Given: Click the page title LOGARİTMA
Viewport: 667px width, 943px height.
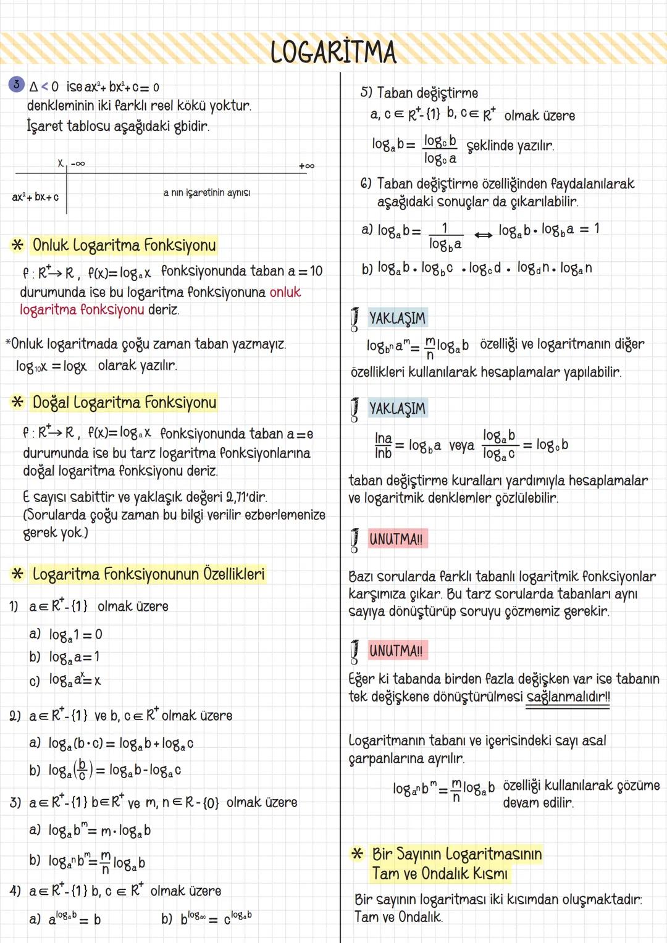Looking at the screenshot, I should [333, 52].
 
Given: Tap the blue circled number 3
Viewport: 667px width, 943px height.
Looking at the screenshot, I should [17, 85].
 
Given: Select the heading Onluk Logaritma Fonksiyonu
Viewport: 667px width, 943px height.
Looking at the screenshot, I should [124, 245].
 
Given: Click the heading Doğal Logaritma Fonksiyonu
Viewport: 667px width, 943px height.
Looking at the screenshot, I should [124, 403].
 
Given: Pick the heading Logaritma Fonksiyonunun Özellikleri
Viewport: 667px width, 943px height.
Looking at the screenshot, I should [148, 574].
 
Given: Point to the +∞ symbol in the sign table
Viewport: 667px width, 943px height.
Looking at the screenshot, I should [306, 166].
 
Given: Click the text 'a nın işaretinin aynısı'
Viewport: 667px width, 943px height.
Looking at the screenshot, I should [207, 193].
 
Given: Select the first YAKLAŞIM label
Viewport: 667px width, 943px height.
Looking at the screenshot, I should [397, 318].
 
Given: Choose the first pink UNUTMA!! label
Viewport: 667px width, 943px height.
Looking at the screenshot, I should [396, 539].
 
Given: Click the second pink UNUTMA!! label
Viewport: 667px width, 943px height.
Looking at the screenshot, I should [396, 651].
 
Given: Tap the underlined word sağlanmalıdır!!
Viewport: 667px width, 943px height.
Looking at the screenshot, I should [568, 697].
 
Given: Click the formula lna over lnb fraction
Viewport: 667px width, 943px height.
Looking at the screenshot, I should [383, 445].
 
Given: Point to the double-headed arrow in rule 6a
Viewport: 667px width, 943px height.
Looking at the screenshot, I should [482, 234].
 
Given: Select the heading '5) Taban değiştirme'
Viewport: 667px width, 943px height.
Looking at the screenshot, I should [419, 93].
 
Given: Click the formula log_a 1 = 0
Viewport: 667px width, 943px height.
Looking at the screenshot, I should [75, 635].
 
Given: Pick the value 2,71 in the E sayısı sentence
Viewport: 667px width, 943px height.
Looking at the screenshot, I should [237, 497].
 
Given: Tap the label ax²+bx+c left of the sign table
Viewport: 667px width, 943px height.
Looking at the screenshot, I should [35, 197].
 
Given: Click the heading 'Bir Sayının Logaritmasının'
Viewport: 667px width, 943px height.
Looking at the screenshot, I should [456, 854].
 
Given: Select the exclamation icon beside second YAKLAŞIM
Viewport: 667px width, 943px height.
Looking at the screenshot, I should [354, 409].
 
